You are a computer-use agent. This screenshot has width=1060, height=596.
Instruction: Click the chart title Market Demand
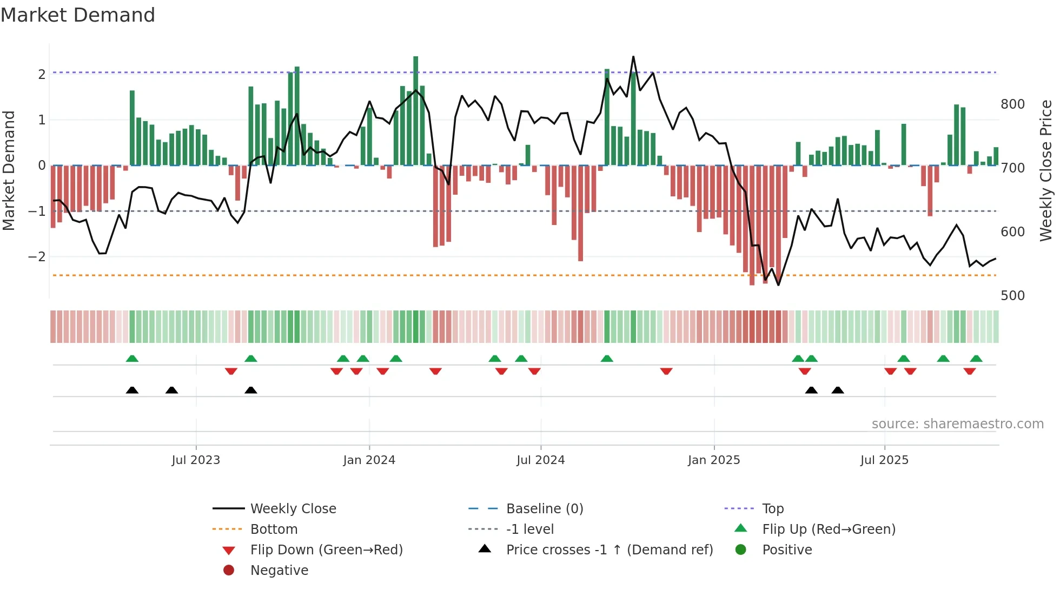coord(78,15)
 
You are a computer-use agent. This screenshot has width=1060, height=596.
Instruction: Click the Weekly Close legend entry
coord(293,508)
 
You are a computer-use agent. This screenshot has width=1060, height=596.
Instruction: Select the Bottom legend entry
coord(274,529)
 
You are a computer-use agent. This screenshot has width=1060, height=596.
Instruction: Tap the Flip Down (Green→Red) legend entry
coord(326,549)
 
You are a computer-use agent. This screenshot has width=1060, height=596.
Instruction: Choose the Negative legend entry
coord(279,570)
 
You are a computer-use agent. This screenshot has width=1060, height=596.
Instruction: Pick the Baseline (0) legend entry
coord(544,508)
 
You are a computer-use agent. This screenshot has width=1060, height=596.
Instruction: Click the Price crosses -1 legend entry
coord(609,549)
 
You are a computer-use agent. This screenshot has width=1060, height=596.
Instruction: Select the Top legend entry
coord(772,508)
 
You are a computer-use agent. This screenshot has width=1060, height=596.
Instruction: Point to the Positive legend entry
coord(786,549)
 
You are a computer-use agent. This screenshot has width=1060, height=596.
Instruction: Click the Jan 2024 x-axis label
coord(369,460)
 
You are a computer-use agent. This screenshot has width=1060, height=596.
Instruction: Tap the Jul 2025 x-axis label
coord(884,460)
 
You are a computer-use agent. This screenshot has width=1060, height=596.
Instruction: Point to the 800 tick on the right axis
coord(1012,104)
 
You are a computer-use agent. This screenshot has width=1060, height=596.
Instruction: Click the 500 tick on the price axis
coord(1012,296)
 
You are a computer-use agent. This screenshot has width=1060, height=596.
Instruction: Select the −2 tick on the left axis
coord(37,256)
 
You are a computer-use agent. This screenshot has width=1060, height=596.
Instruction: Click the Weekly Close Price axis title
coord(1046,170)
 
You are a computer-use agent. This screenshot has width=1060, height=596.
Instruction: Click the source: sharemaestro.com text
coord(957,424)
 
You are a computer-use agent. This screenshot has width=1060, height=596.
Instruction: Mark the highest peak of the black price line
coord(633,57)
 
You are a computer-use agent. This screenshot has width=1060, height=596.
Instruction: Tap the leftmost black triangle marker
coord(132,390)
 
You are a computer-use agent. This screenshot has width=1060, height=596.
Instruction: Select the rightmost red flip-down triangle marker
coord(969,371)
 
